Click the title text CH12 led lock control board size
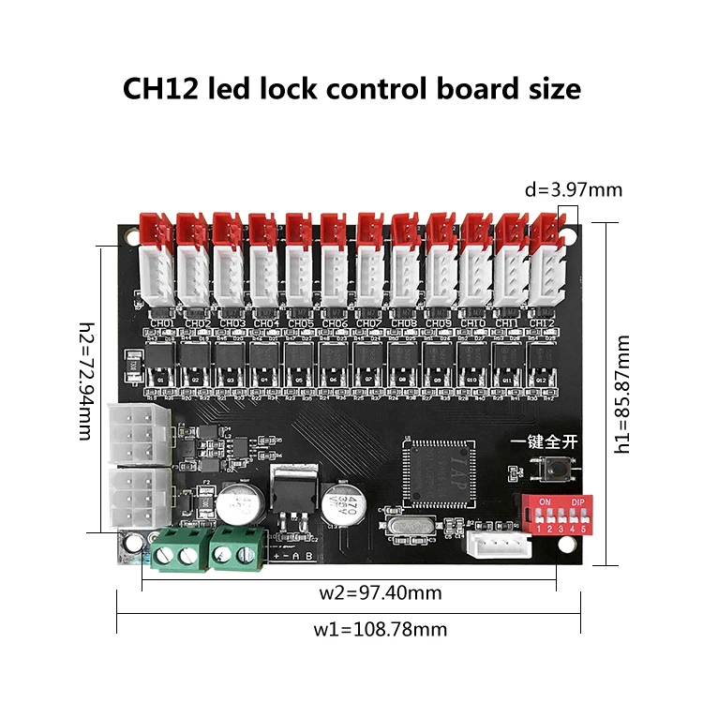pos(351,88)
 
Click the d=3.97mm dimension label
pos(574,189)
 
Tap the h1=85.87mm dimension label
pos(622,396)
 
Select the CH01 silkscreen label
pos(161,323)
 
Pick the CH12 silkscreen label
pos(542,323)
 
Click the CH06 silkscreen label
pos(335,323)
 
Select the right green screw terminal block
pos(235,548)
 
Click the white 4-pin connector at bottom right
pos(491,546)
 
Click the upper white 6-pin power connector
pos(137,433)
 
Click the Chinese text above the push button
pos(541,441)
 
